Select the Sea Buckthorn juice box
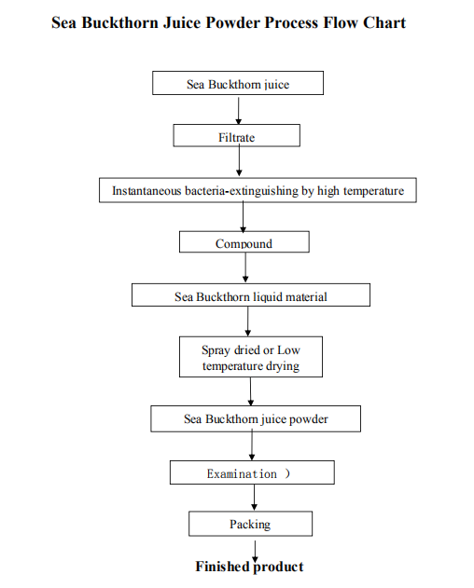238,83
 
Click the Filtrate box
237,135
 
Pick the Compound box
244,241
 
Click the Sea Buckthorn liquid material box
251,294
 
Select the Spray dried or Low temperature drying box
251,357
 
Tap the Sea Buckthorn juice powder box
256,418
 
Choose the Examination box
252,472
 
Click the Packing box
250,524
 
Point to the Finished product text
249,567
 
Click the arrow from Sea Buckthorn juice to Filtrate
239,111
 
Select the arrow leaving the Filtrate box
239,160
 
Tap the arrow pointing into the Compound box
243,216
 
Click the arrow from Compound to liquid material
245,267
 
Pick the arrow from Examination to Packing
255,498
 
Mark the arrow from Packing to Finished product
255,552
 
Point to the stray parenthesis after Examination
287,473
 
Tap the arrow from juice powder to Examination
252,444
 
